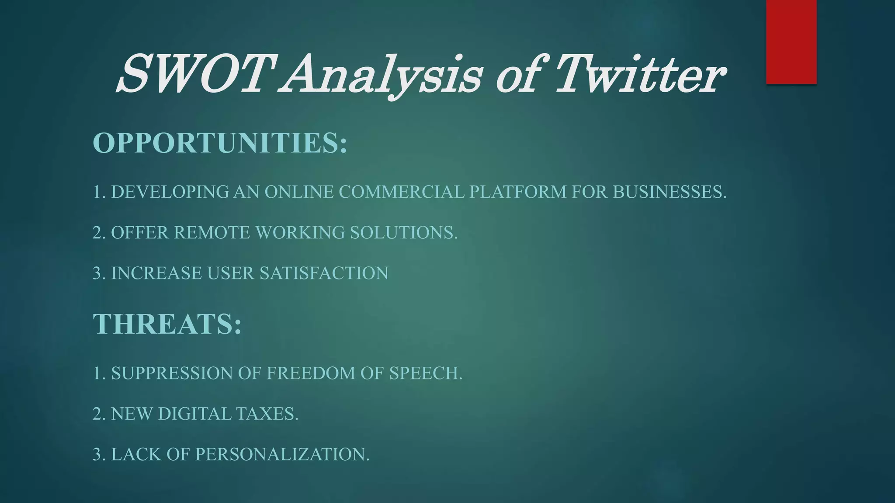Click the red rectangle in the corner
(x=791, y=41)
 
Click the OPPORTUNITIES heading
(x=220, y=142)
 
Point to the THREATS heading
(x=167, y=324)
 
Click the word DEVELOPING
(x=170, y=192)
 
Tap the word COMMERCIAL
(x=401, y=192)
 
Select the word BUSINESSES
(x=669, y=192)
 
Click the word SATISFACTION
(x=324, y=273)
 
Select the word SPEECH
(x=425, y=373)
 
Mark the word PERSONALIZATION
(x=282, y=455)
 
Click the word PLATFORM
(x=518, y=192)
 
